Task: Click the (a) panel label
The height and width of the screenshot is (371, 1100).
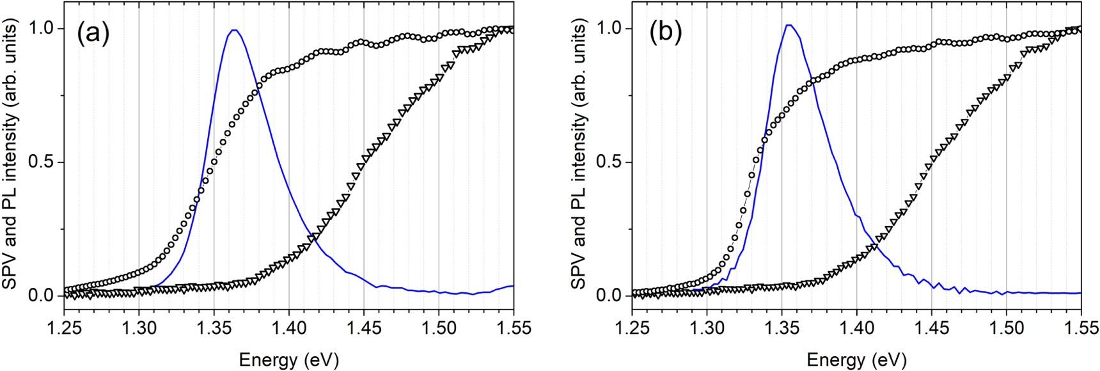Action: pos(93,33)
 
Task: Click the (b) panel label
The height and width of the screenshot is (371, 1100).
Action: pos(665,32)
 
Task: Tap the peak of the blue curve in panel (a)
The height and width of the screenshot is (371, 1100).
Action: pos(235,29)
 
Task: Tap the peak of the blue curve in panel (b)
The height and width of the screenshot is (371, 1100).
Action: pos(789,25)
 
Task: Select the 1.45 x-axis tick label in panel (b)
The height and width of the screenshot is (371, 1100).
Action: pos(931,328)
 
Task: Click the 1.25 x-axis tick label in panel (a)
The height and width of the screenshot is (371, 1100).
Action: pos(64,328)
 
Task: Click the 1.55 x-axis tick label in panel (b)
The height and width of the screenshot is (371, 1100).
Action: pos(1081,328)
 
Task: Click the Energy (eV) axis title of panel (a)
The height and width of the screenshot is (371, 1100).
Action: pos(288,359)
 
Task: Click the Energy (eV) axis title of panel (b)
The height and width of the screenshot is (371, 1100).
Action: pos(856,359)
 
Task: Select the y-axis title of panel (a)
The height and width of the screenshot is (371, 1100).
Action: pos(11,154)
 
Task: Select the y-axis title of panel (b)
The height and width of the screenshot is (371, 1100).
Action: pos(579,154)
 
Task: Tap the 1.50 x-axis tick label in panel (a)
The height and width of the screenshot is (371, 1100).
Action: pos(439,328)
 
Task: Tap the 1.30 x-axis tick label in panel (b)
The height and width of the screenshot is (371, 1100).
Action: pos(707,328)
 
